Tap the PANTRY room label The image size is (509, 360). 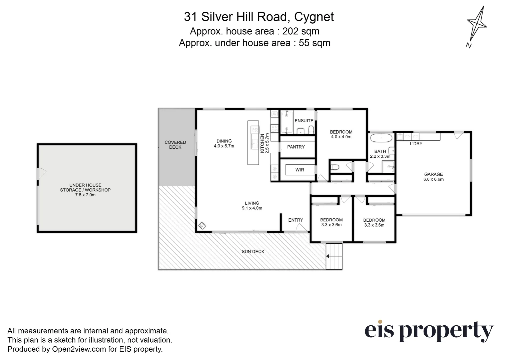tap(296, 147)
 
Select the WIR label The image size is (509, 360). tap(300, 170)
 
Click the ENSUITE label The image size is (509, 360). tap(304, 120)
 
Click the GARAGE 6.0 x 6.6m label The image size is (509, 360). tap(433, 176)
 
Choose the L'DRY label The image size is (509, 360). tap(416, 144)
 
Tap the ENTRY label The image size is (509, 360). tap(296, 220)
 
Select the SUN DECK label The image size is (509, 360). tap(253, 252)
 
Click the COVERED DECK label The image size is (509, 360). tap(175, 145)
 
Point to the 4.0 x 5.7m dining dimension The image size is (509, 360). tap(224, 146)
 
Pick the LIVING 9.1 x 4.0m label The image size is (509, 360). tap(252, 205)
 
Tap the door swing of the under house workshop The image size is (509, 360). tap(41, 173)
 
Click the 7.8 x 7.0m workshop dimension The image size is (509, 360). tap(85, 195)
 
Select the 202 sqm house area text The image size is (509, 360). tap(301, 31)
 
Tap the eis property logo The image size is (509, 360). tap(429, 331)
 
